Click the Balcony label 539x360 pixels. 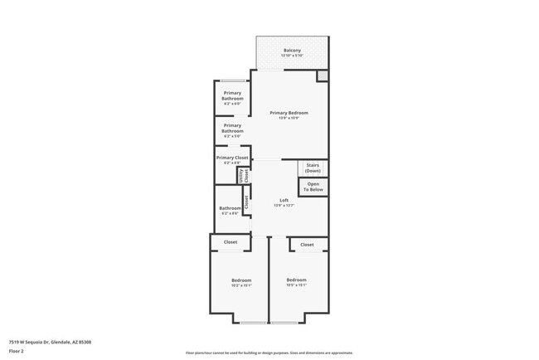click(292, 51)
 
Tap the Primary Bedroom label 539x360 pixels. click(288, 113)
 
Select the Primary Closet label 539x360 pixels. click(232, 158)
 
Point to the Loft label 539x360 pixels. click(284, 201)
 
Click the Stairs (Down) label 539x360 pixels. click(313, 168)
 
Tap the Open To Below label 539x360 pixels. click(313, 187)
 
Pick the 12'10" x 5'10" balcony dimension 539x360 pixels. click(292, 56)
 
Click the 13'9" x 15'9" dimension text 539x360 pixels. click(288, 118)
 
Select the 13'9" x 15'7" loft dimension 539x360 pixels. click(284, 206)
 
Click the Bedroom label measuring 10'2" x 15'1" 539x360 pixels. click(241, 280)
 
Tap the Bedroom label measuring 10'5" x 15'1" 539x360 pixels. click(296, 280)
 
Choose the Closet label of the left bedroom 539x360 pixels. click(230, 242)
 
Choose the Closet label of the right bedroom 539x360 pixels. click(307, 245)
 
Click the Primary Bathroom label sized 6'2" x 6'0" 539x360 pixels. click(232, 96)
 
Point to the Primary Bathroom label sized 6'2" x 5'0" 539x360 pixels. click(232, 128)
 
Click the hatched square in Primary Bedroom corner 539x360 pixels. click(322, 75)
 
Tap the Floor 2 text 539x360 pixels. click(17, 350)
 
